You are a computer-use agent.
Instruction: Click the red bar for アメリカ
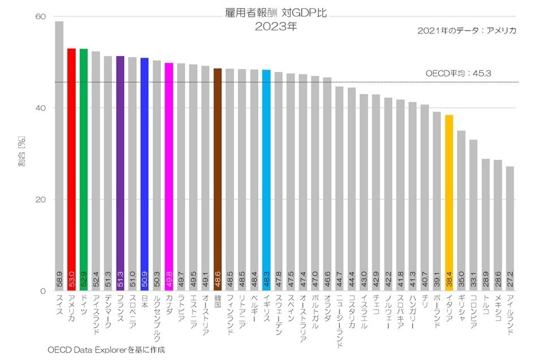(x=71, y=170)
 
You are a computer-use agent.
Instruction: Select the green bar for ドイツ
(x=84, y=170)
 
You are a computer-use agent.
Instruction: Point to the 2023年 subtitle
(x=276, y=26)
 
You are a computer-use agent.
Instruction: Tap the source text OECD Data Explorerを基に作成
(x=106, y=350)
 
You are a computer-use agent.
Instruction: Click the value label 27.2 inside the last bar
(x=510, y=281)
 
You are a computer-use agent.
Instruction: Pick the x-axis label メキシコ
(x=498, y=308)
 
